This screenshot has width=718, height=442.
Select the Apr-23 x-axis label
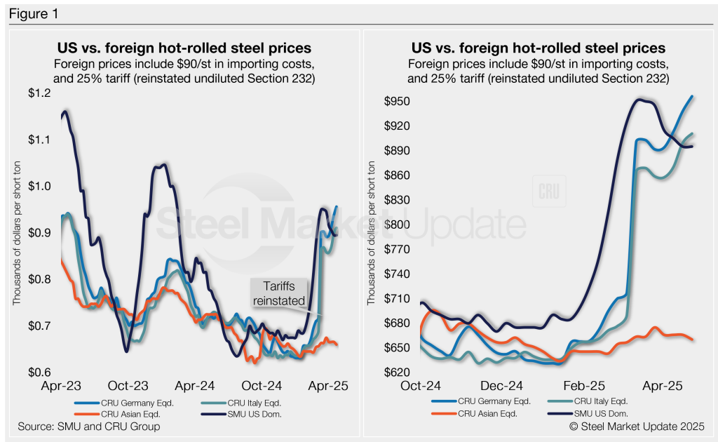[x=61, y=387]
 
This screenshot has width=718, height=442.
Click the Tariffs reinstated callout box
[x=278, y=293]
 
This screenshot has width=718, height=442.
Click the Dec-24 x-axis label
[x=503, y=387]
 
